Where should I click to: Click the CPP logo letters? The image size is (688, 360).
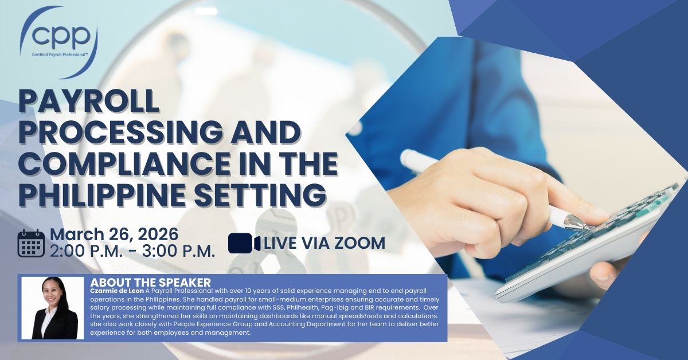(61, 36)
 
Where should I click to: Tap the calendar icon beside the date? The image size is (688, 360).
(31, 243)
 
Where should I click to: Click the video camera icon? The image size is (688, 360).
(244, 243)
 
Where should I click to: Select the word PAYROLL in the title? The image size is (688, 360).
(89, 101)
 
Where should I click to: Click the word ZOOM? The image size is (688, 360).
(359, 243)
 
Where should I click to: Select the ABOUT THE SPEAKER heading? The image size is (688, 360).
(150, 282)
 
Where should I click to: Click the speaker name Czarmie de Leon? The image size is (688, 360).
(117, 291)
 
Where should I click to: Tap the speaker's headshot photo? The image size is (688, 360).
(53, 308)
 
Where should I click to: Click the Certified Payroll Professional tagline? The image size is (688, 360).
(60, 54)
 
